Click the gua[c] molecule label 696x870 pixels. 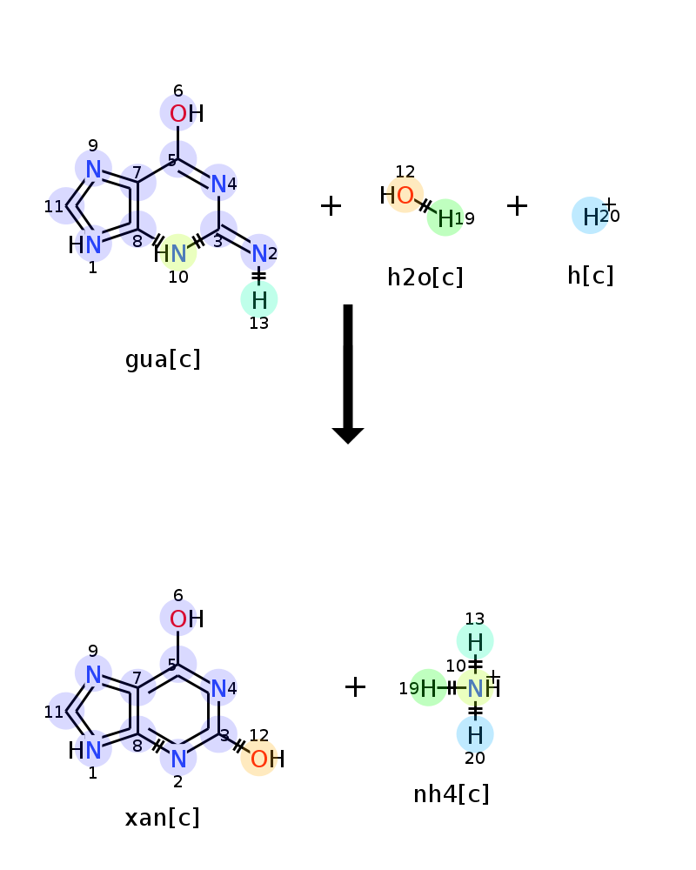point(163,359)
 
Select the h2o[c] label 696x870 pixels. point(425,277)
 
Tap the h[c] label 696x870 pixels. point(591,275)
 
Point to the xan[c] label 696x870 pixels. point(162,817)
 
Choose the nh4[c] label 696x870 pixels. point(452,794)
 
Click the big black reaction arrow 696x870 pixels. point(348,374)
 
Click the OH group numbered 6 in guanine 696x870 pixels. point(186,114)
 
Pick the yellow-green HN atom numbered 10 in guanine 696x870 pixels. point(171,253)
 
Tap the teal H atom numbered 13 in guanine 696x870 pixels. point(259,300)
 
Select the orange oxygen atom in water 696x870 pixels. point(405,195)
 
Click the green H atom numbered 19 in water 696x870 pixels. point(445,218)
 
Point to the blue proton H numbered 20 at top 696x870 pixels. point(591,217)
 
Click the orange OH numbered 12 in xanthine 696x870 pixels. point(267,759)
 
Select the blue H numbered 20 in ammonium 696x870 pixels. point(475,735)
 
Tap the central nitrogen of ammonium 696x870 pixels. point(476,688)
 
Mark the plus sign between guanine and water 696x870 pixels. point(331,205)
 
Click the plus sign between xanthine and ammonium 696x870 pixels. point(355,687)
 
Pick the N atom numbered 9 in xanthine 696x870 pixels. point(93,675)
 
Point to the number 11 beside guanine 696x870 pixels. point(54,206)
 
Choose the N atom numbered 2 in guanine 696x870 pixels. point(259,253)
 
